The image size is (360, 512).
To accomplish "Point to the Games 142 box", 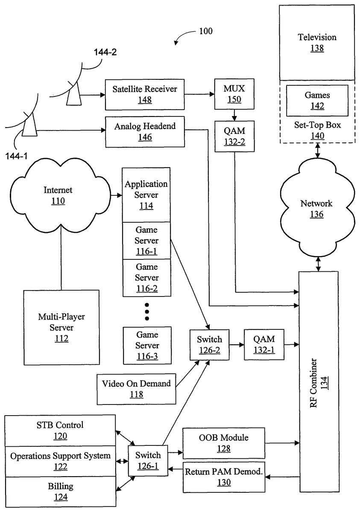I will tap(317, 101).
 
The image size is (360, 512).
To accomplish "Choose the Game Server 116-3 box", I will tap(147, 345).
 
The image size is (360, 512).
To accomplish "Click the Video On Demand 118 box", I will tap(136, 389).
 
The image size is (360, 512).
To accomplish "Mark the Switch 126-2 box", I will tap(209, 345).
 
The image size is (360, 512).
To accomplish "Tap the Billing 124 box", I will tap(61, 492).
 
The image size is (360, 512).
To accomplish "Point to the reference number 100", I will tap(205, 31).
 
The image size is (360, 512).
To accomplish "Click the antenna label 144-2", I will tap(105, 52).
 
